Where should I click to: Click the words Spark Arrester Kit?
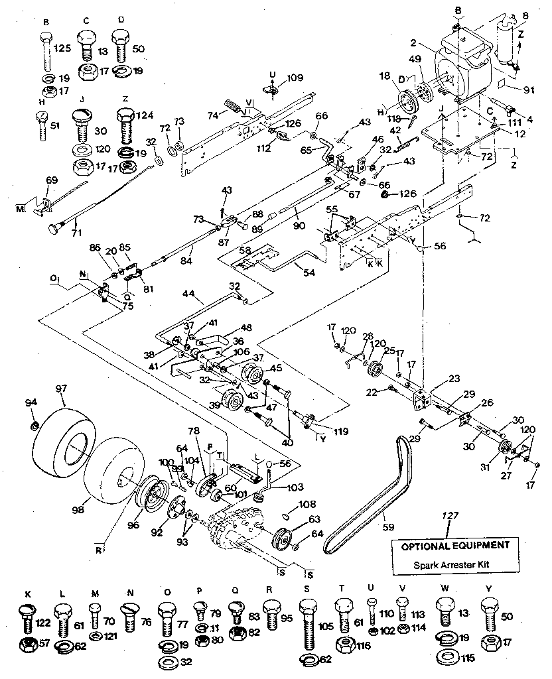[x=454, y=566]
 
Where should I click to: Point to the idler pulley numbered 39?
[x=233, y=402]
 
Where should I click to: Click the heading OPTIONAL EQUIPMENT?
[x=454, y=545]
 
